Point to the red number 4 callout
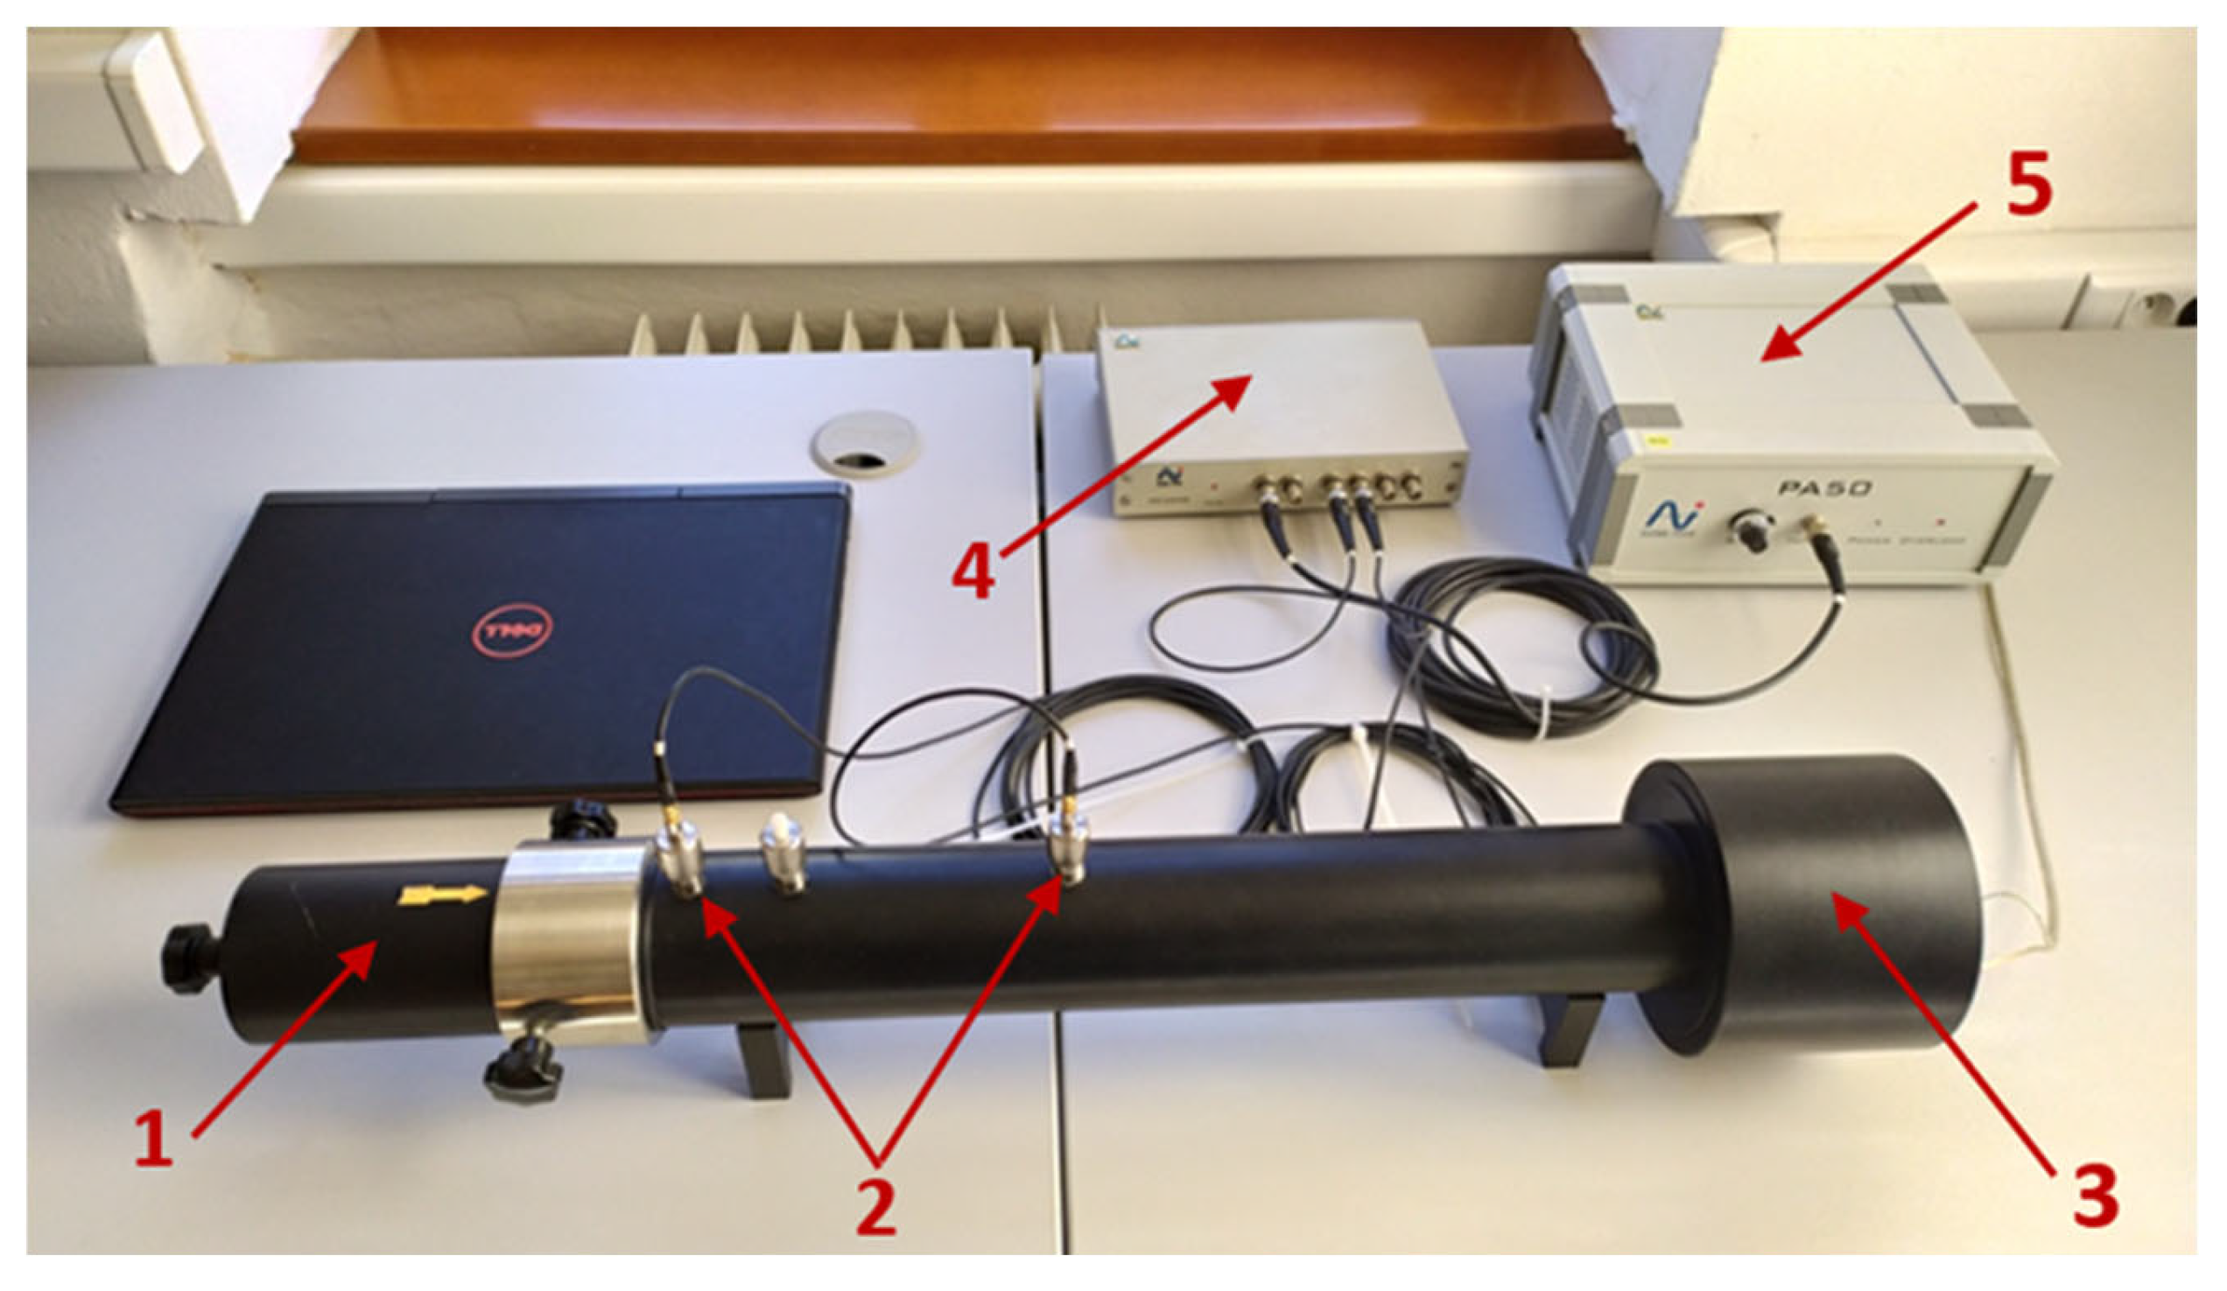pos(973,571)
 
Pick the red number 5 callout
pos(2029,189)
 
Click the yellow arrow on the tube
pos(443,896)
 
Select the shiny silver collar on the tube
pos(570,941)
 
